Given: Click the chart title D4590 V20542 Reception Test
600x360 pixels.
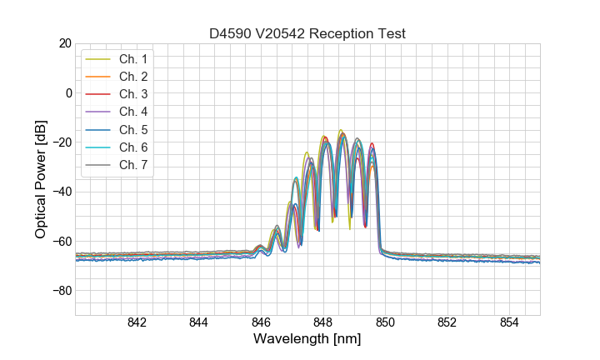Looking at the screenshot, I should [x=307, y=33].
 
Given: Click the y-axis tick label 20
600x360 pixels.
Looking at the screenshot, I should [x=63, y=43].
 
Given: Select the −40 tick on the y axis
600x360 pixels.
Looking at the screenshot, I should [x=60, y=192].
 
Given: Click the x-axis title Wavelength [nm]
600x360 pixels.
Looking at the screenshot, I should [x=307, y=340].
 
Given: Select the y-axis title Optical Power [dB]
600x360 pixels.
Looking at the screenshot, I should [x=41, y=179].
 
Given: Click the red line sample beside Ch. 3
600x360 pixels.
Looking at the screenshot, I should [x=98, y=94].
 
